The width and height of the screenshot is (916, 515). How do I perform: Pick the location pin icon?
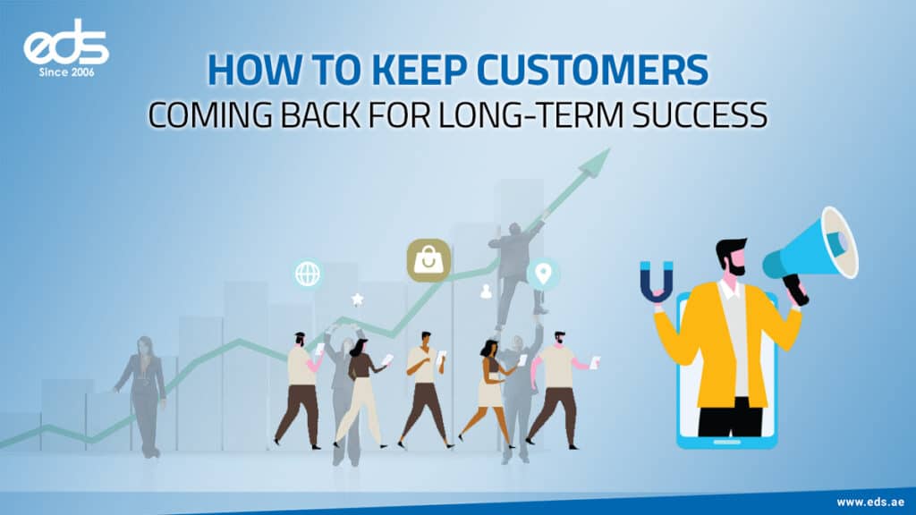(542, 274)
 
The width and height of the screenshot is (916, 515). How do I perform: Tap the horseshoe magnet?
(657, 282)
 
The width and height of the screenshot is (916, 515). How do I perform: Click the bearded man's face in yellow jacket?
(730, 258)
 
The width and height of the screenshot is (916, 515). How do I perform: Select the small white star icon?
(357, 300)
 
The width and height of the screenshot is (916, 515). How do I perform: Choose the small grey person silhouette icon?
(487, 291)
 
